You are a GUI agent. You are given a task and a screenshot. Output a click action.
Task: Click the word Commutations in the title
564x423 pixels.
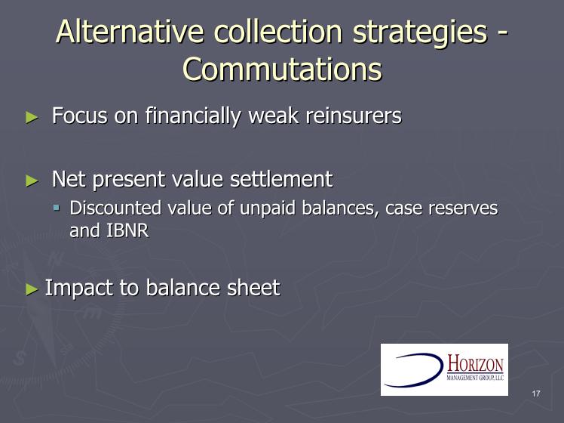(x=282, y=69)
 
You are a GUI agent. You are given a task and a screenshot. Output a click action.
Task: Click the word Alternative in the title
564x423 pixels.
(x=130, y=31)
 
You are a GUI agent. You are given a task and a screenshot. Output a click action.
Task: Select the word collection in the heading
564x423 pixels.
(x=277, y=31)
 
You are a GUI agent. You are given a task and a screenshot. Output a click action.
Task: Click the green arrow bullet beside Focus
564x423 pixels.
(x=32, y=117)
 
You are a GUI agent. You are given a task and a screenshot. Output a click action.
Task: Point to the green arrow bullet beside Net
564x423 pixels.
(x=32, y=181)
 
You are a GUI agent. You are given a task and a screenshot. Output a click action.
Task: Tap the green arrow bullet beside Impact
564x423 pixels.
(x=32, y=289)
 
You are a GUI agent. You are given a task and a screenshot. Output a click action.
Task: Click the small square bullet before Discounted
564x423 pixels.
(x=57, y=208)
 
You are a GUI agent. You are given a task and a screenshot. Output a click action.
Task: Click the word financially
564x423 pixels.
(x=193, y=117)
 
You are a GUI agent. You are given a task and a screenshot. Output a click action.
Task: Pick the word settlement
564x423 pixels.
(x=281, y=179)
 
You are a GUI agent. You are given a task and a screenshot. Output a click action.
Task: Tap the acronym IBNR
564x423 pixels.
(x=127, y=230)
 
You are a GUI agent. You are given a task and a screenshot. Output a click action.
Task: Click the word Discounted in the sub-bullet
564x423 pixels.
(x=115, y=208)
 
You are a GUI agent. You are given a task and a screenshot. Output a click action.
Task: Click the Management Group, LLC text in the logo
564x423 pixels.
(x=475, y=378)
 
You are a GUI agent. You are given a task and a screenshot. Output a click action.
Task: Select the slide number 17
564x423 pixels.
(x=536, y=394)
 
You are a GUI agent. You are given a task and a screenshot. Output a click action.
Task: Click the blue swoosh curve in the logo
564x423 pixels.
(x=440, y=369)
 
